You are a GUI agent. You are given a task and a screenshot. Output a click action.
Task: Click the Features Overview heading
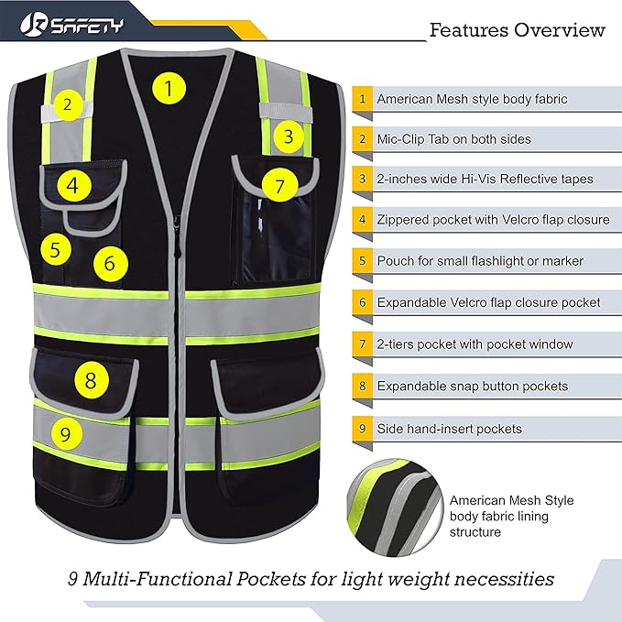click(x=518, y=30)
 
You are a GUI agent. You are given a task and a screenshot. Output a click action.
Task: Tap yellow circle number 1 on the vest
click(x=168, y=89)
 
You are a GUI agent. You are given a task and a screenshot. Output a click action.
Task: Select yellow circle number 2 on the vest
click(x=67, y=104)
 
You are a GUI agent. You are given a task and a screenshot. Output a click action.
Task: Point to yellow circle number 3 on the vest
click(x=289, y=137)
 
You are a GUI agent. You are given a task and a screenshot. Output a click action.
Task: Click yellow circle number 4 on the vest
click(x=72, y=187)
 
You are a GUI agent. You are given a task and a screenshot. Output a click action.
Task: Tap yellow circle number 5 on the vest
click(x=56, y=247)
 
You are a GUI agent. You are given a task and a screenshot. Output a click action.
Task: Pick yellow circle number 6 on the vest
click(x=110, y=264)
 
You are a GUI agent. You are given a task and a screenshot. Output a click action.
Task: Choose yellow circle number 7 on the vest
click(x=280, y=186)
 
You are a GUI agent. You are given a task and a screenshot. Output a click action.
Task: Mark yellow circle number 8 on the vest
click(x=90, y=379)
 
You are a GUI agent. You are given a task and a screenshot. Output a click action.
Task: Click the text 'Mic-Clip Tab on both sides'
click(x=453, y=139)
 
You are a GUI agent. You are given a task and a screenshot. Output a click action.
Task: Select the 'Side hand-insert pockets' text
click(x=449, y=428)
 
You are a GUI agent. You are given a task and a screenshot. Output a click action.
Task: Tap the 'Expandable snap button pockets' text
click(x=472, y=387)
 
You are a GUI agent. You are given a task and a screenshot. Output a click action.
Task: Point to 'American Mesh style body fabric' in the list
click(x=472, y=98)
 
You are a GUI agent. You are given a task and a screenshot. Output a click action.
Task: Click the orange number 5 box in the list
click(x=362, y=262)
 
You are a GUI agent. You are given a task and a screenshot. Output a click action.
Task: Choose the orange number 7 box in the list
click(x=362, y=344)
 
